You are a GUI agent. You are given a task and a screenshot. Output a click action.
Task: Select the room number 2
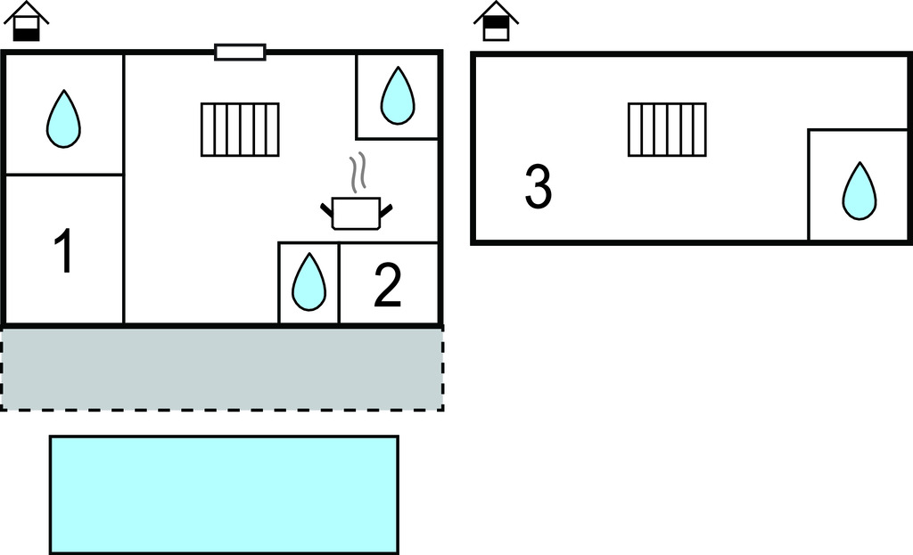pyautogui.click(x=387, y=286)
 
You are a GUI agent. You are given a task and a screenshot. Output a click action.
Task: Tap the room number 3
pyautogui.click(x=538, y=188)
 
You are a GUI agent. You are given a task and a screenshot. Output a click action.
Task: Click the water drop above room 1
pyautogui.click(x=63, y=119)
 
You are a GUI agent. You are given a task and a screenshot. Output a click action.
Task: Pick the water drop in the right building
pyautogui.click(x=860, y=191)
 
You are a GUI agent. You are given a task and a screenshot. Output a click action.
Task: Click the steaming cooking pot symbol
pyautogui.click(x=356, y=211)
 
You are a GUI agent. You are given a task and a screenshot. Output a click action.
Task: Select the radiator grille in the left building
pyautogui.click(x=240, y=129)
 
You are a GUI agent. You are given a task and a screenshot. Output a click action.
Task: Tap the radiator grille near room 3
pyautogui.click(x=667, y=129)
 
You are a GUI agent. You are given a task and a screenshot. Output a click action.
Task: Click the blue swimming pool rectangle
pyautogui.click(x=224, y=494)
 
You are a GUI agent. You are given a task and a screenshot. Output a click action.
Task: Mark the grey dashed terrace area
pyautogui.click(x=222, y=368)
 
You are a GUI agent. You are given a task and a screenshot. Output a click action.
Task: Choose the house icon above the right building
pyautogui.click(x=495, y=21)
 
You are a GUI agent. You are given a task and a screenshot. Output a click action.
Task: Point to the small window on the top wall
pyautogui.click(x=240, y=53)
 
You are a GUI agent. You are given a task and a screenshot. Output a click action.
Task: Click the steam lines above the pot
pyautogui.click(x=358, y=174)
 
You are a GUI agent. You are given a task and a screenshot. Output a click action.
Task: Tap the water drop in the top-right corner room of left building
pyautogui.click(x=398, y=95)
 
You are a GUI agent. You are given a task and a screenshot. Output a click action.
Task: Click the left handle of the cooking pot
pyautogui.click(x=326, y=210)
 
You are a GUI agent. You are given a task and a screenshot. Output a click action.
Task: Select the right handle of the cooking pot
pyautogui.click(x=386, y=210)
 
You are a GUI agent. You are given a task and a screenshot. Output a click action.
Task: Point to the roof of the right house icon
pyautogui.click(x=495, y=11)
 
